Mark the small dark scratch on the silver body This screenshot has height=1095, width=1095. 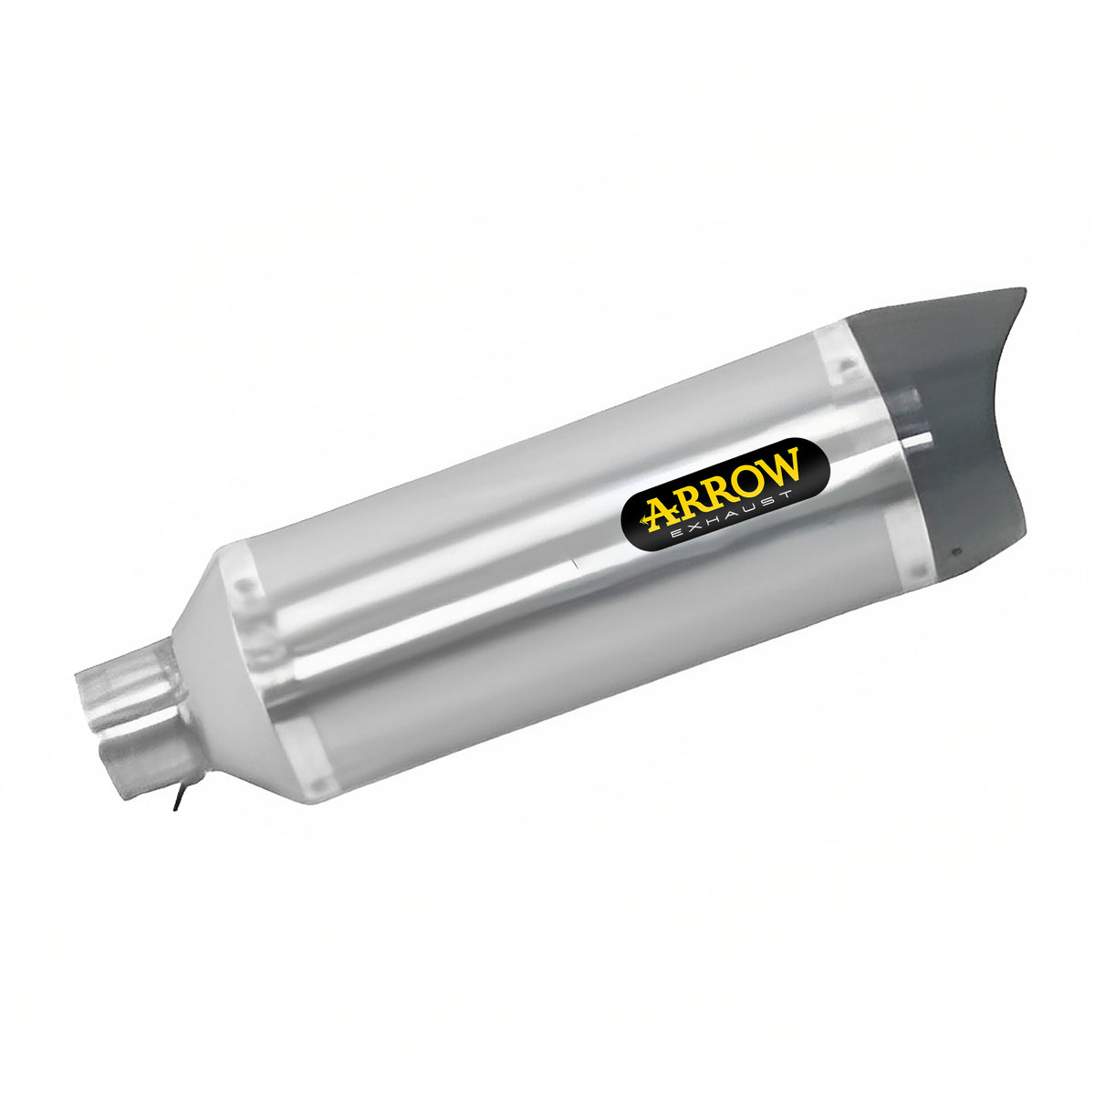(x=575, y=566)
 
